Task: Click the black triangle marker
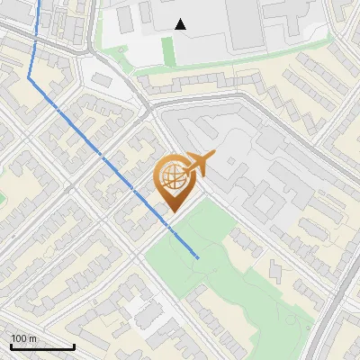click(x=181, y=24)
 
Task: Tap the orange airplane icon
click(x=197, y=165)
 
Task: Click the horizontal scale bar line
click(x=42, y=346)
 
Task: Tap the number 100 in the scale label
click(x=17, y=338)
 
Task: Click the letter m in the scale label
click(x=31, y=338)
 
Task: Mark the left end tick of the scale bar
click(x=11, y=345)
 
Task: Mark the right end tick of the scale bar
click(x=74, y=345)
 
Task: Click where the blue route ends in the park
click(x=198, y=257)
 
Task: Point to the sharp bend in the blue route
click(x=29, y=78)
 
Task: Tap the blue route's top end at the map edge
click(x=40, y=2)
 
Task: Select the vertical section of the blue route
click(x=35, y=40)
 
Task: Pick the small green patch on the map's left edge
click(x=2, y=196)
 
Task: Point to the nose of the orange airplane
click(x=212, y=157)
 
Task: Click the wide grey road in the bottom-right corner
click(x=337, y=315)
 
